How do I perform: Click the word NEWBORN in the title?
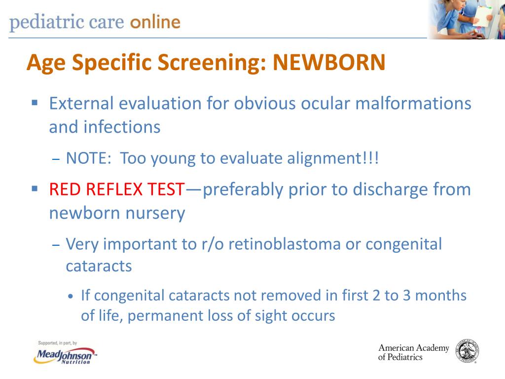[329, 63]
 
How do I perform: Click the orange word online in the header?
[155, 22]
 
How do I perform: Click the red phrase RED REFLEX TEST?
[117, 189]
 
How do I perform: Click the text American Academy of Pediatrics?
[413, 352]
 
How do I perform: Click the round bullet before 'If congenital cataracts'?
[71, 297]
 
